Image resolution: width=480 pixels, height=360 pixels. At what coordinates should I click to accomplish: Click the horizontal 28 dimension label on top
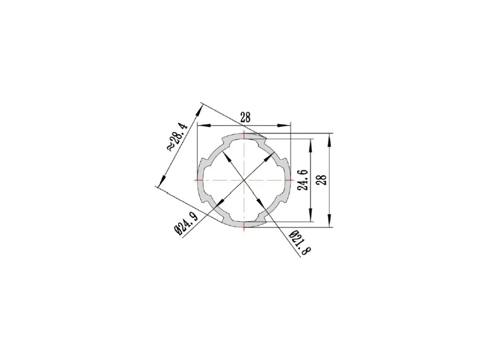(x=245, y=117)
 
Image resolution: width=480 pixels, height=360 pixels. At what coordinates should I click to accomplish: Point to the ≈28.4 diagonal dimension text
(x=177, y=137)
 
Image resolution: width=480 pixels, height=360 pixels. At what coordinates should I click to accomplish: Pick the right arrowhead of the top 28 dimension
(x=284, y=125)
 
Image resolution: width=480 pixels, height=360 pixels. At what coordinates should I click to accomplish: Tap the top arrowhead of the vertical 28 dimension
(x=329, y=140)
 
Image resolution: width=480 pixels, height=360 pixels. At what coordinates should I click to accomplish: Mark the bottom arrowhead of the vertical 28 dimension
(x=329, y=220)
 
